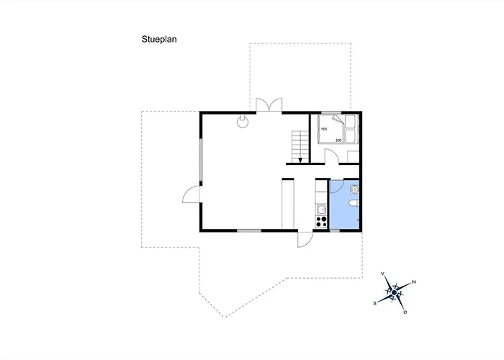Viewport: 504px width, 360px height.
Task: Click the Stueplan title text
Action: pos(159,40)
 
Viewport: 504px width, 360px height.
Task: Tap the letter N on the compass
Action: pos(414,282)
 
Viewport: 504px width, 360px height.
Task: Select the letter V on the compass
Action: pos(382,274)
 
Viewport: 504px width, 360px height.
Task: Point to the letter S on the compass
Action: pos(374,303)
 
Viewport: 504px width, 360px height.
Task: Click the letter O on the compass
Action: pos(405,312)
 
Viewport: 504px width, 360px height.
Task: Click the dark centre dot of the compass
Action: pos(395,292)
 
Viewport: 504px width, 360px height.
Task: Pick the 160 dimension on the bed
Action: pos(324,129)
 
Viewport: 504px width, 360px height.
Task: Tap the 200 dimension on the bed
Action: pos(338,140)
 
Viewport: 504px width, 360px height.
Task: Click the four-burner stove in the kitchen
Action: pos(321,222)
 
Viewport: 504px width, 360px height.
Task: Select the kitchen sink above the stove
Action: pos(321,210)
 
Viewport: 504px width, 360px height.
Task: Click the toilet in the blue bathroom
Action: pos(354,203)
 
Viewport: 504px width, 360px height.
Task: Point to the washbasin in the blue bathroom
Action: pos(354,189)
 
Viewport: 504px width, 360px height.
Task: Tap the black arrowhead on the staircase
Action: pos(300,160)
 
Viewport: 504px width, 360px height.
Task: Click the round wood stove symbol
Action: pos(242,122)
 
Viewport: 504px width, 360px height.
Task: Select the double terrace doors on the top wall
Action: pos(269,105)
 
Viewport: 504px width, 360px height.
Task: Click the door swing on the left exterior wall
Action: pos(192,195)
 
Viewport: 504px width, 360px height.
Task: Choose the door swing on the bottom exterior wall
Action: pos(305,239)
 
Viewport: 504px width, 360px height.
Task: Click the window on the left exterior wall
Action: pos(201,160)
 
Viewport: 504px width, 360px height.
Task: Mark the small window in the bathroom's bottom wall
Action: pos(335,231)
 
